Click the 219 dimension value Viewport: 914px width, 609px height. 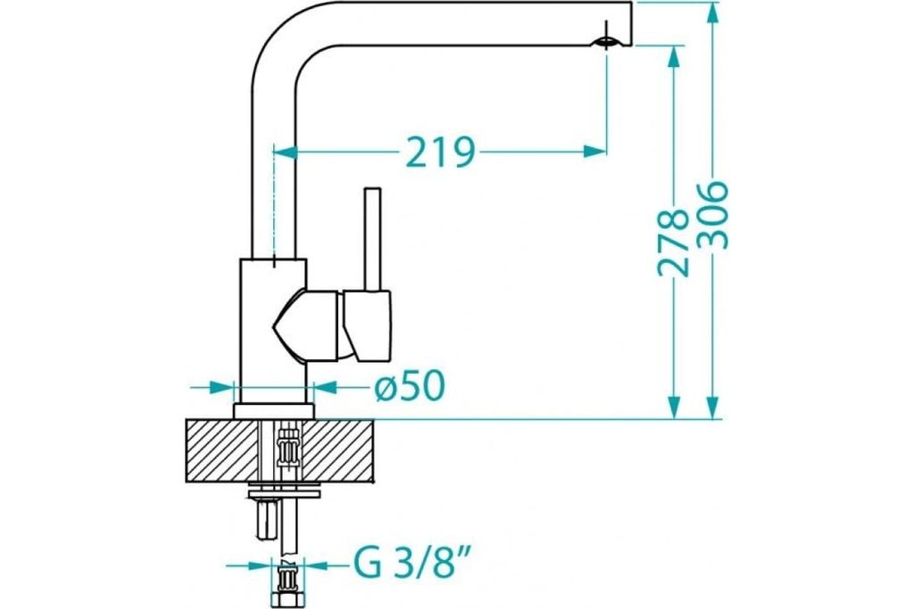click(440, 152)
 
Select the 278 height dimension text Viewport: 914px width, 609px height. click(673, 243)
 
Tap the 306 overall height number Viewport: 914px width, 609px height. click(712, 216)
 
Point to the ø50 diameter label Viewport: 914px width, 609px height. click(410, 385)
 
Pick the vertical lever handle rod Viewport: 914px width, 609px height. click(372, 239)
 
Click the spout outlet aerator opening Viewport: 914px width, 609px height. click(606, 42)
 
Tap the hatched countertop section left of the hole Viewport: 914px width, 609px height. click(221, 450)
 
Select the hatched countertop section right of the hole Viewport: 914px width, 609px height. click(338, 450)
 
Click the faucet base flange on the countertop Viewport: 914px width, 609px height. click(274, 411)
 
